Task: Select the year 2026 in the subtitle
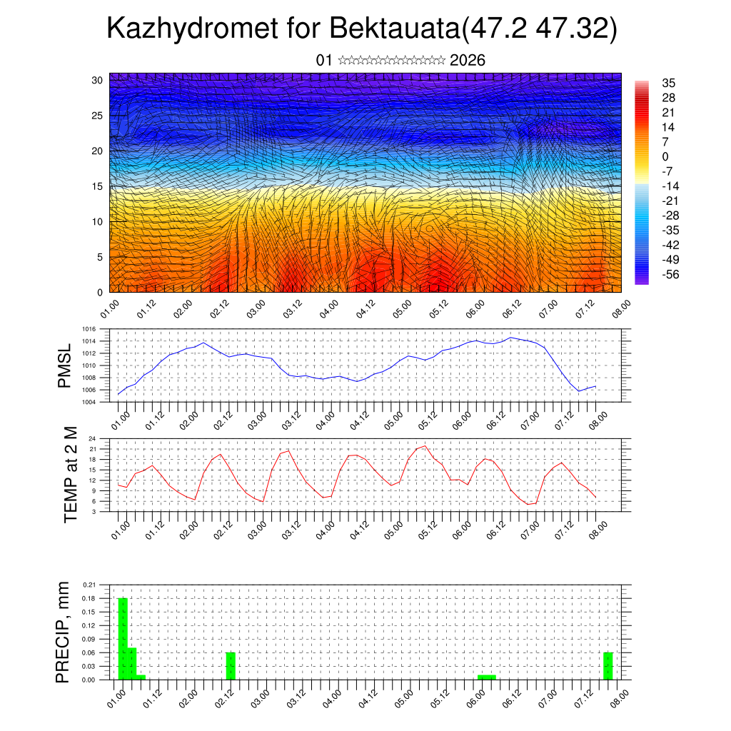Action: pyautogui.click(x=468, y=61)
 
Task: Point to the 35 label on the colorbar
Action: pyautogui.click(x=669, y=83)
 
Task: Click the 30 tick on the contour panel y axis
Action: pyautogui.click(x=96, y=80)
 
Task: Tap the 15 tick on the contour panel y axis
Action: pyautogui.click(x=96, y=186)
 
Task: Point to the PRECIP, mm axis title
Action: pyautogui.click(x=64, y=632)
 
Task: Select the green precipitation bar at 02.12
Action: pyautogui.click(x=231, y=665)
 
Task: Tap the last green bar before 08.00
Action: pyautogui.click(x=608, y=665)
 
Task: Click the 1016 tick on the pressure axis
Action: pyautogui.click(x=89, y=329)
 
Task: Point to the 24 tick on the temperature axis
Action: pyautogui.click(x=92, y=439)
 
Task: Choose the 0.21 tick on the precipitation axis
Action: pyautogui.click(x=89, y=585)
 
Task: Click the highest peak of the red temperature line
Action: pyautogui.click(x=425, y=445)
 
